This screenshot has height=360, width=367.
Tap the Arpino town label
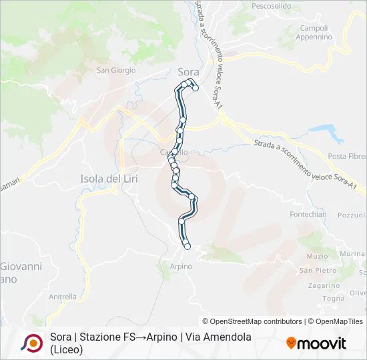coord(181,267)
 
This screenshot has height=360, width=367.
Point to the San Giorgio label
coord(116,70)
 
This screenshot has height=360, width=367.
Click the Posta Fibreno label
coord(347,156)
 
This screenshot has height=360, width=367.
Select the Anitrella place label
coord(63,297)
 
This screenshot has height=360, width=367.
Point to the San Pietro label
coord(317,270)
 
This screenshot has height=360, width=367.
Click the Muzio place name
coord(317,256)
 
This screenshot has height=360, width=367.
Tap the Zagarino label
coord(324,285)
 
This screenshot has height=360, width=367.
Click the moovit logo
coord(317,343)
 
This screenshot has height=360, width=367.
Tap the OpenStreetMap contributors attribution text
coord(252,321)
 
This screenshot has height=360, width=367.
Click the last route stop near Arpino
coord(188,247)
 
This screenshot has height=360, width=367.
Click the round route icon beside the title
coord(31,343)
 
